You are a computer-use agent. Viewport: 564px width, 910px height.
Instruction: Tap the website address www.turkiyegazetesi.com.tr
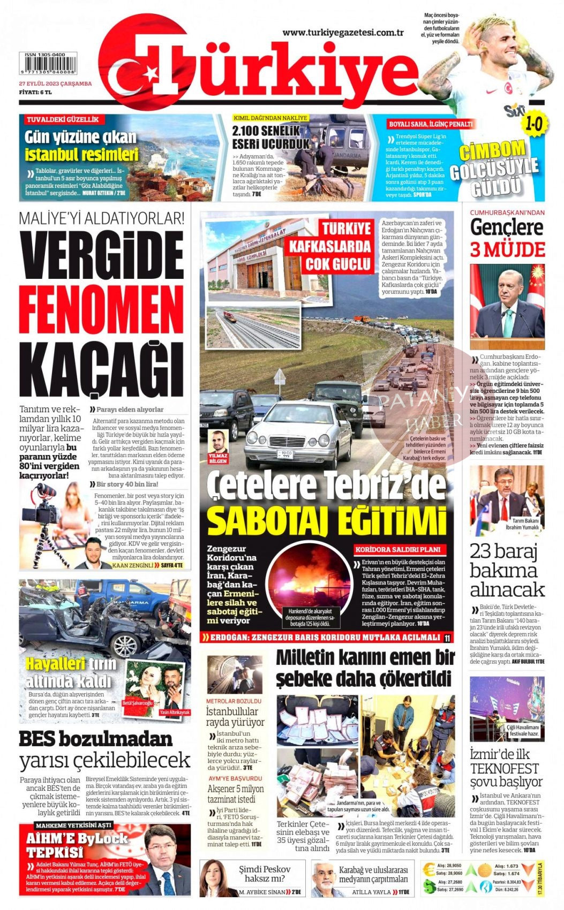point(343,33)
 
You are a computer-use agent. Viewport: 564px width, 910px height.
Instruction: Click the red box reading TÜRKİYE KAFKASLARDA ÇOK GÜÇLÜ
point(330,247)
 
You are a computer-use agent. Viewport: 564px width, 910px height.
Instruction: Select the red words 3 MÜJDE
point(507,249)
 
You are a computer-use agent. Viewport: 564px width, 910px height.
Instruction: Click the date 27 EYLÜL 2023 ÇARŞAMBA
point(56,84)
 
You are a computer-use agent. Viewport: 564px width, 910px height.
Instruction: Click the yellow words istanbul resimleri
point(81,155)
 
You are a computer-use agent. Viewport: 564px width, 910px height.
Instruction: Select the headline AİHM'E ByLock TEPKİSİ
point(77,845)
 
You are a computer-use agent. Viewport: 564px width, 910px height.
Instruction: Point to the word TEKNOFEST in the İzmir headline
point(506,768)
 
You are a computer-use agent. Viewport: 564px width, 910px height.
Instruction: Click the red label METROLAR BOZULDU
point(234,701)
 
